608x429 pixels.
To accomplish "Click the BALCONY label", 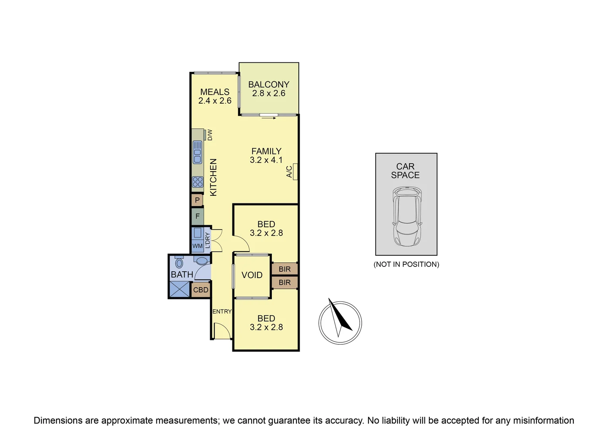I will pyautogui.click(x=269, y=84).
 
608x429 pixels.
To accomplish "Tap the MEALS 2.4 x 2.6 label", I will pyautogui.click(x=215, y=96).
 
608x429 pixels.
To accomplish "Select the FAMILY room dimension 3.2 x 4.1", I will pyautogui.click(x=266, y=160).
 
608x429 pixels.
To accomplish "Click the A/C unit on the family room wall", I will pyautogui.click(x=295, y=172).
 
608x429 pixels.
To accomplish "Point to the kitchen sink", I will pyautogui.click(x=197, y=152).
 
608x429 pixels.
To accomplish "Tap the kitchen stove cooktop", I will pyautogui.click(x=197, y=182).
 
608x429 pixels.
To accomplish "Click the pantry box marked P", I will pyautogui.click(x=197, y=200).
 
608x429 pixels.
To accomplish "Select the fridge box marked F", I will pyautogui.click(x=197, y=216).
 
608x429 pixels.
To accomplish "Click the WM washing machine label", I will pyautogui.click(x=197, y=246).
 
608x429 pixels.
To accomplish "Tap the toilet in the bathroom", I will pyautogui.click(x=179, y=263).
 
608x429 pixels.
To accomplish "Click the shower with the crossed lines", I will pyautogui.click(x=179, y=289).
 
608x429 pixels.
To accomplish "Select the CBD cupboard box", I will pyautogui.click(x=201, y=290).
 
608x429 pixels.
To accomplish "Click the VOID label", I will pyautogui.click(x=252, y=275).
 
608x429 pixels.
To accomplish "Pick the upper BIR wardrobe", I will pyautogui.click(x=285, y=269).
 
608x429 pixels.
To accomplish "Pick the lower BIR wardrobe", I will pyautogui.click(x=285, y=282).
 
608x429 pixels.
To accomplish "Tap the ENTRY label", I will pyautogui.click(x=222, y=311).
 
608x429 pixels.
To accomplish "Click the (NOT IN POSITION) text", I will pyautogui.click(x=406, y=264).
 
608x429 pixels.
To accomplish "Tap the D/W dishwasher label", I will pyautogui.click(x=210, y=135).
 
